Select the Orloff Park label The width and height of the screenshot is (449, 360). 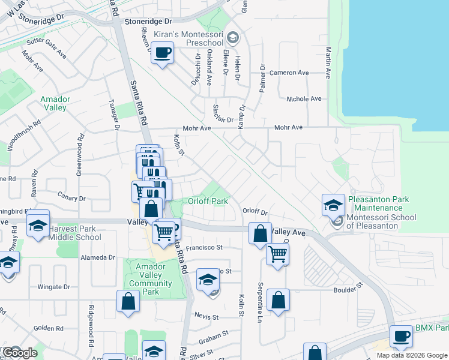[x=208, y=201]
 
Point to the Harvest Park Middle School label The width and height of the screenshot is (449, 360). [x=75, y=233]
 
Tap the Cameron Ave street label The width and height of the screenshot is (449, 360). [x=289, y=73]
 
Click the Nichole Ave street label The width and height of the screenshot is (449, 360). [x=304, y=99]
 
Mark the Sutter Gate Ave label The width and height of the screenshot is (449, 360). [x=47, y=49]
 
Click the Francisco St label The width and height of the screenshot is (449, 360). [x=203, y=247]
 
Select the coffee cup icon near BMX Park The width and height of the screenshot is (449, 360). [x=400, y=337]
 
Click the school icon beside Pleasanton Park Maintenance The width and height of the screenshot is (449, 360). [x=333, y=205]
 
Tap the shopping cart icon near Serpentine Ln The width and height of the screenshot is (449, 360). [x=277, y=254]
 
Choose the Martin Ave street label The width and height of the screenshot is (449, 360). [x=328, y=64]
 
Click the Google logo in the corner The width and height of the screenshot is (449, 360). [x=20, y=353]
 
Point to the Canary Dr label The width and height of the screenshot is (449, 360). [x=71, y=198]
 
